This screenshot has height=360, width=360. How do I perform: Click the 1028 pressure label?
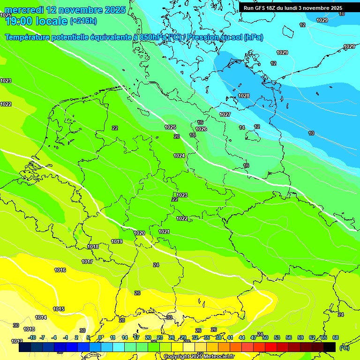click(244, 96)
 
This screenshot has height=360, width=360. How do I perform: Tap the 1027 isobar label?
click(225, 114)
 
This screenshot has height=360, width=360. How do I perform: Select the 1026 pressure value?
click(201, 129)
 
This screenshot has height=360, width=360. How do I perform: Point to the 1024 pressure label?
click(179, 156)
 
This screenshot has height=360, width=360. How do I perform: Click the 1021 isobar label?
click(164, 232)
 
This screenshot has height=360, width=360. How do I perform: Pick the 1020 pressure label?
click(139, 233)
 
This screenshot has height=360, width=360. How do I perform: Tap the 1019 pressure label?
click(117, 241)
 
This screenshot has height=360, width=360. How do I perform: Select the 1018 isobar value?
click(93, 247)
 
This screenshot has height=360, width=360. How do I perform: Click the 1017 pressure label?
click(87, 262)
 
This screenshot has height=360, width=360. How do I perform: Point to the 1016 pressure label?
click(60, 270)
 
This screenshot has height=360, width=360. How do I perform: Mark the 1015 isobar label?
click(59, 309)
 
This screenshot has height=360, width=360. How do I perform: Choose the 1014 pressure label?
click(41, 317)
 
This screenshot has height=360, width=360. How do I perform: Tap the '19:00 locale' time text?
click(36, 21)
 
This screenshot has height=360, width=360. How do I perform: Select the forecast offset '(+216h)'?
click(83, 21)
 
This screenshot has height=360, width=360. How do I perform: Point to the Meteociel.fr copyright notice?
click(199, 356)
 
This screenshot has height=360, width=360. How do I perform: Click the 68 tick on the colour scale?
click(336, 337)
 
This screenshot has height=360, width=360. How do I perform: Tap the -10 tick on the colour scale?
click(32, 337)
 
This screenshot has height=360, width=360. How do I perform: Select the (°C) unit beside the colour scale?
click(344, 347)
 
